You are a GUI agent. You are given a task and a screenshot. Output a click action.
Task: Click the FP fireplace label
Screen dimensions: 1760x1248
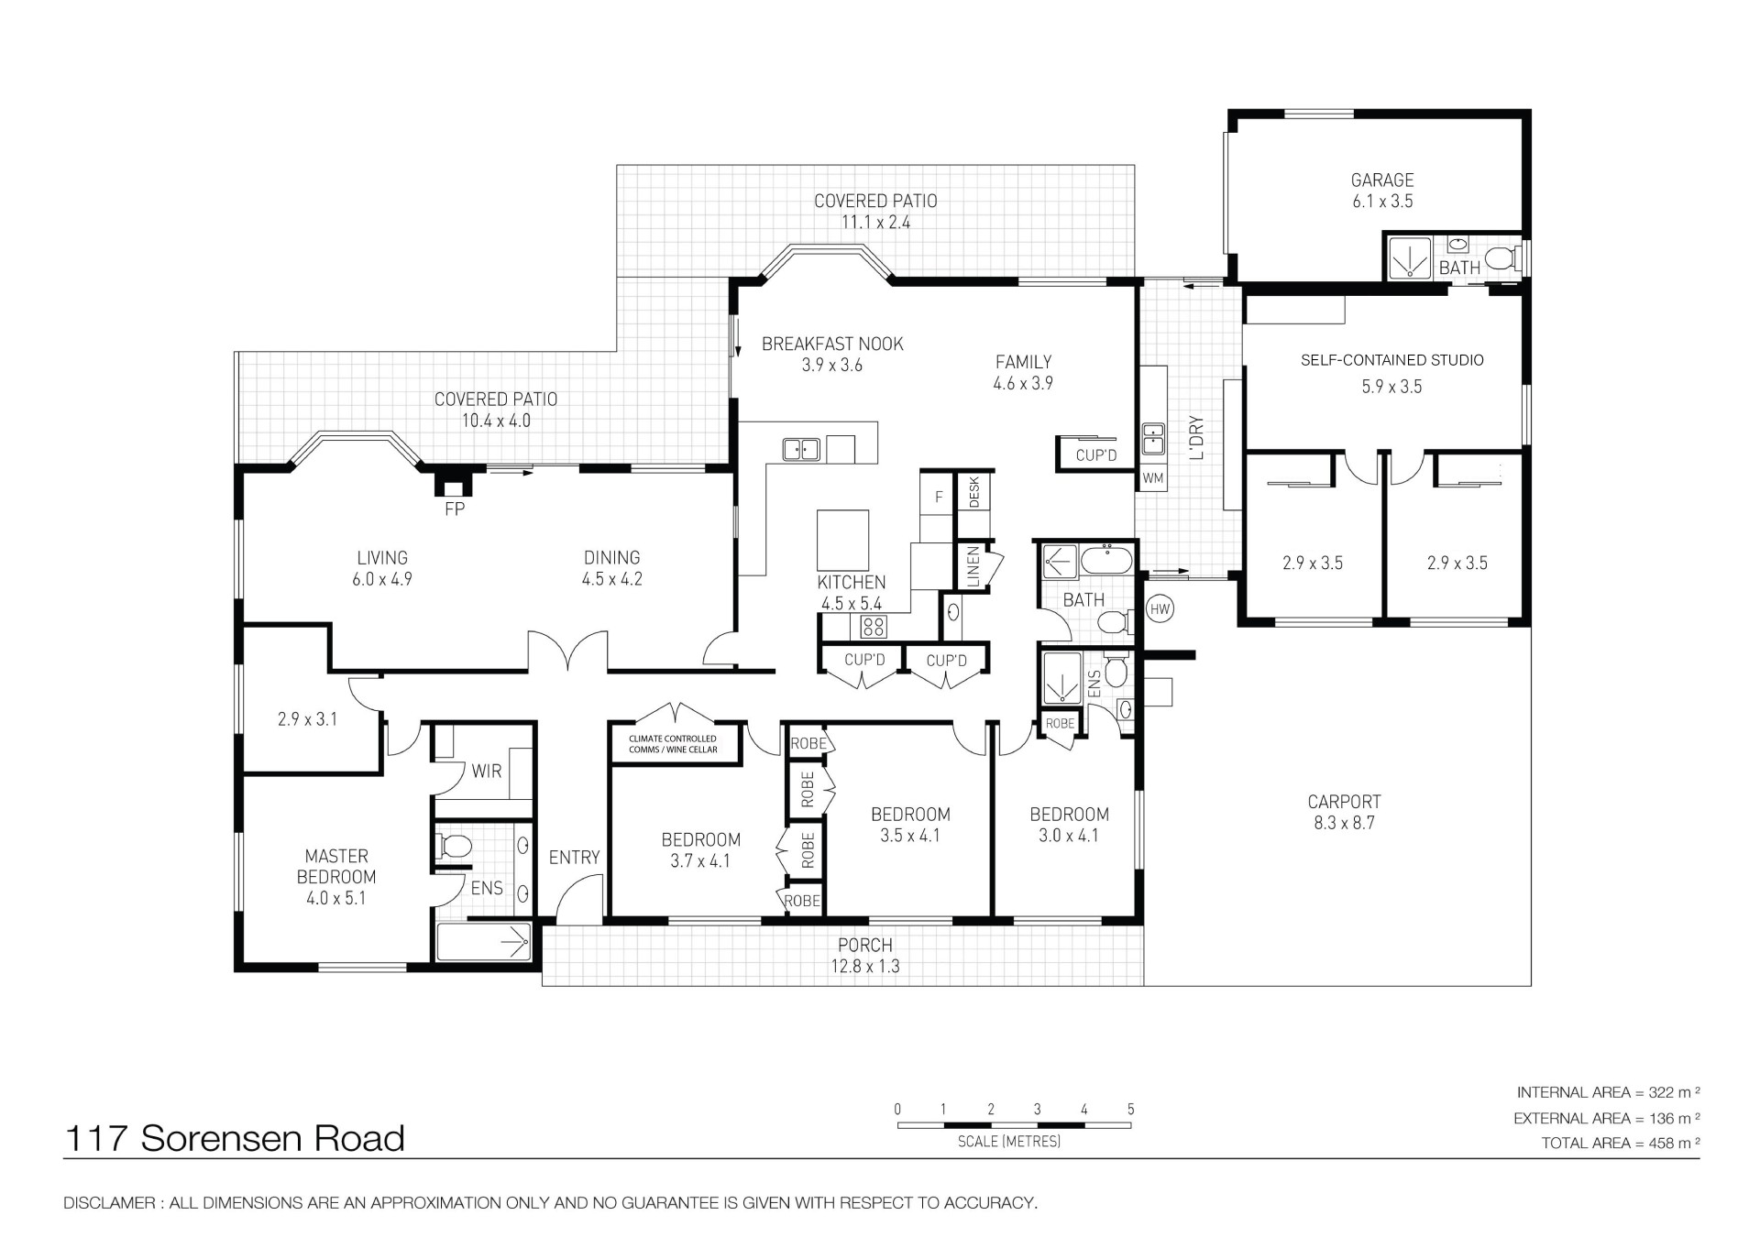pyautogui.click(x=455, y=509)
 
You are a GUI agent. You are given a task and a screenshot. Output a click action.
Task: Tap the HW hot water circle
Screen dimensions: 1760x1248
pyautogui.click(x=1160, y=608)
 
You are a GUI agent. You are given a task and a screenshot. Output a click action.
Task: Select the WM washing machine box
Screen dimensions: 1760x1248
pyautogui.click(x=1152, y=478)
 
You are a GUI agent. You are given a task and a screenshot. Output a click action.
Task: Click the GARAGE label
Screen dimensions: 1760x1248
pyautogui.click(x=1382, y=181)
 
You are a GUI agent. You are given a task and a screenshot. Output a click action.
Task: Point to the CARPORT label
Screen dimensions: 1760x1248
pyautogui.click(x=1344, y=802)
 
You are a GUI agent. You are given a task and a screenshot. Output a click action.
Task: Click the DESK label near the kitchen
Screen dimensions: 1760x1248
pyautogui.click(x=973, y=493)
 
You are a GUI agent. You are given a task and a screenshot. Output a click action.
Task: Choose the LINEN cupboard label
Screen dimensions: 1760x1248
pyautogui.click(x=973, y=566)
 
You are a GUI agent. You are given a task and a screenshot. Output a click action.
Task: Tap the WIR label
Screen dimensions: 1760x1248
pyautogui.click(x=487, y=772)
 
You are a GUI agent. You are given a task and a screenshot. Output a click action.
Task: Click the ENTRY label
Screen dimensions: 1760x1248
pyautogui.click(x=574, y=858)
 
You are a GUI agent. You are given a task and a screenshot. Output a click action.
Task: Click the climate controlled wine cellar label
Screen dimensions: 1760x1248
pyautogui.click(x=674, y=744)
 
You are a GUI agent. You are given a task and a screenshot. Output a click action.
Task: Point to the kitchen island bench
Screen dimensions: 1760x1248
pyautogui.click(x=842, y=541)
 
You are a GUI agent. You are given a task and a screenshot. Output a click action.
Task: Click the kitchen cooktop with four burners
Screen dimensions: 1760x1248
pyautogui.click(x=873, y=627)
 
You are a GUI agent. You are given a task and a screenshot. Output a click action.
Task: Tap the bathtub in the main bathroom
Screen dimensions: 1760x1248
pyautogui.click(x=1107, y=559)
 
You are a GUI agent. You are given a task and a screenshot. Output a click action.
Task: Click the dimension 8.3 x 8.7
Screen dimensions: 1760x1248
pyautogui.click(x=1344, y=823)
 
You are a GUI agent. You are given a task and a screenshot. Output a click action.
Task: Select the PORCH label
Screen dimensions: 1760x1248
pyautogui.click(x=864, y=945)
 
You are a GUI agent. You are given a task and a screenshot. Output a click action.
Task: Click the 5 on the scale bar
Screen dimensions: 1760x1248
pyautogui.click(x=1130, y=1110)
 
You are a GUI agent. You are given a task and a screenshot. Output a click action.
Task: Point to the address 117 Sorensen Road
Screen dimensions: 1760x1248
pyautogui.click(x=235, y=1138)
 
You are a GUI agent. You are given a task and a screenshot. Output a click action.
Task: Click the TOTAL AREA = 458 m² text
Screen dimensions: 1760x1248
pyautogui.click(x=1621, y=1143)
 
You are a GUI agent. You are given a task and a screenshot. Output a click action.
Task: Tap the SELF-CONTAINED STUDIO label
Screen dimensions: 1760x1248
pyautogui.click(x=1391, y=360)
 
